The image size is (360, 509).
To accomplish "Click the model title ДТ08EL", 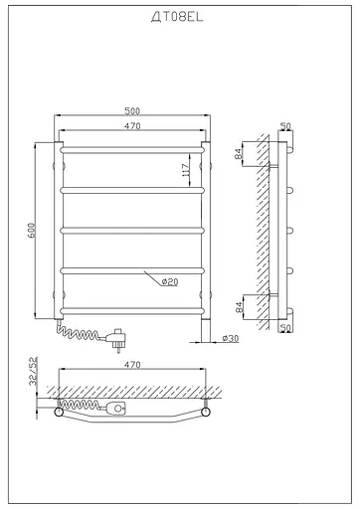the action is click(177, 17).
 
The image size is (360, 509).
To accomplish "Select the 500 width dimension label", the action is click(132, 110).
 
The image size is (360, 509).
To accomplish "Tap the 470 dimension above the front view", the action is click(132, 126).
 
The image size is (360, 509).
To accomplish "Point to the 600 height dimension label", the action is click(31, 231).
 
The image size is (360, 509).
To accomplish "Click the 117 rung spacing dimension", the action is click(186, 170).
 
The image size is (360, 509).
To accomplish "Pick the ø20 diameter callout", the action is click(170, 281).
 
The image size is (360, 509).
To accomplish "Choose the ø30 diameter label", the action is click(231, 338).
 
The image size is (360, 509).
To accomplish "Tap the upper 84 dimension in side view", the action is click(239, 154).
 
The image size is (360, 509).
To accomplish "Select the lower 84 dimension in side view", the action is click(240, 307).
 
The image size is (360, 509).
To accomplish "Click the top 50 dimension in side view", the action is click(285, 126).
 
